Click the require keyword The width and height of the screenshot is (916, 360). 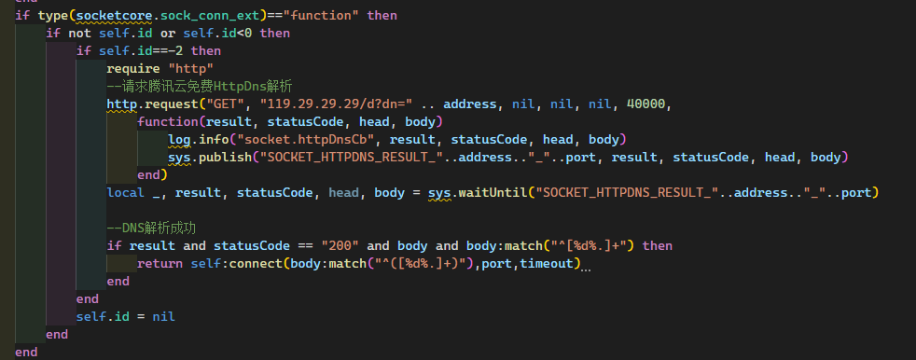coord(133,69)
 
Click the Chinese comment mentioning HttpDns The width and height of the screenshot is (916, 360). coord(200,86)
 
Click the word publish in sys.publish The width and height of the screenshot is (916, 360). coord(225,157)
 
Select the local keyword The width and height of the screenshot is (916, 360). coord(126,192)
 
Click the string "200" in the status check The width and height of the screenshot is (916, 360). coord(339,245)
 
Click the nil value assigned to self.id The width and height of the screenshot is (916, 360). coord(164,316)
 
